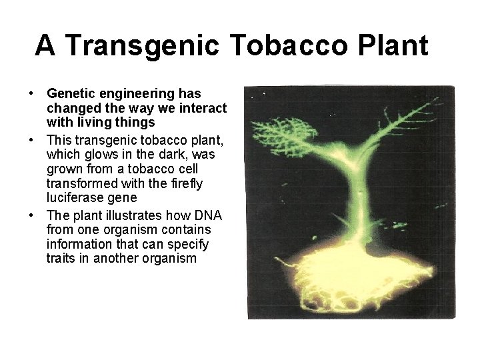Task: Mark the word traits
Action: pos(61,258)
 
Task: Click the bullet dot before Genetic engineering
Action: pos(31,94)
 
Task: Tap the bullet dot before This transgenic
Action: pos(31,140)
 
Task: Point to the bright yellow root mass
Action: pos(347,280)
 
